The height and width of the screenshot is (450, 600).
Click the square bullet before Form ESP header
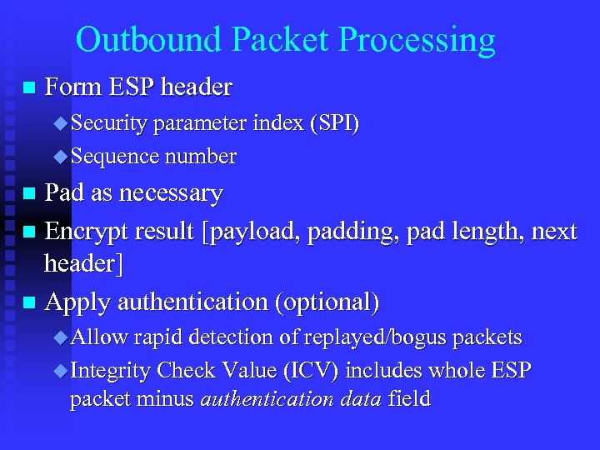(x=30, y=87)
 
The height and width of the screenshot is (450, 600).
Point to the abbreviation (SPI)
(x=333, y=124)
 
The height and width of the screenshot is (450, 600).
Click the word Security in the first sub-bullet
(x=109, y=124)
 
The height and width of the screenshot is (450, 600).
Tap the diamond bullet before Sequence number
(x=58, y=156)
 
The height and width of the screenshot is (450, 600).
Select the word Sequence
(x=115, y=156)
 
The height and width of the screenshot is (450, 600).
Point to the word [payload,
(x=254, y=231)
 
